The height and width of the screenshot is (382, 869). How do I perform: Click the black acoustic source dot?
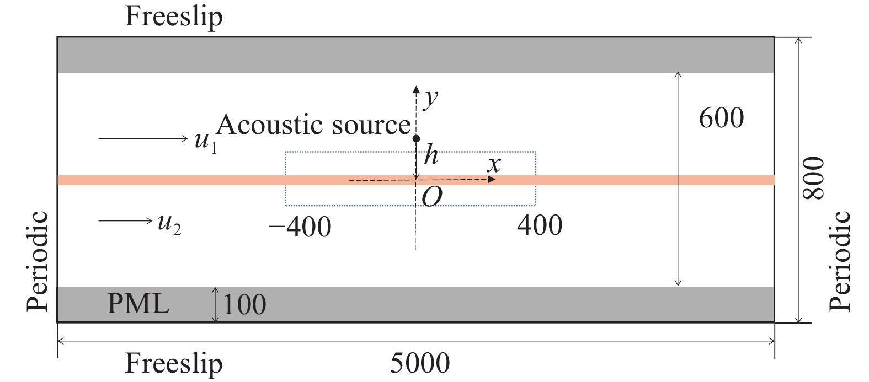(417, 138)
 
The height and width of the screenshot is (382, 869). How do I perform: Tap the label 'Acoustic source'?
(313, 125)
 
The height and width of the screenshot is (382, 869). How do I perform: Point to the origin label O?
(431, 197)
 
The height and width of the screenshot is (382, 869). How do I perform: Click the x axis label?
(494, 165)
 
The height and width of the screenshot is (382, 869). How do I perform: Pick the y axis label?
(430, 99)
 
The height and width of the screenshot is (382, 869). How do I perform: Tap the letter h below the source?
(430, 157)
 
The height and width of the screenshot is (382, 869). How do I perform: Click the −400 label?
(300, 227)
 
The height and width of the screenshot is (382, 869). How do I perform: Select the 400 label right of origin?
(540, 225)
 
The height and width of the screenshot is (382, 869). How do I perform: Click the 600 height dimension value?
(721, 118)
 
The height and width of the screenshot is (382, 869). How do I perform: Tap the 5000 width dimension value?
(420, 364)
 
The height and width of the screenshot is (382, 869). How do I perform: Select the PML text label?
(138, 304)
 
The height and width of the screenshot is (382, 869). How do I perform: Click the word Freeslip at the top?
(174, 17)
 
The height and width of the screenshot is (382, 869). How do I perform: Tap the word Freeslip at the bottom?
(174, 364)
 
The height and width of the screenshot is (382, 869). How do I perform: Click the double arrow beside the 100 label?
(216, 304)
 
